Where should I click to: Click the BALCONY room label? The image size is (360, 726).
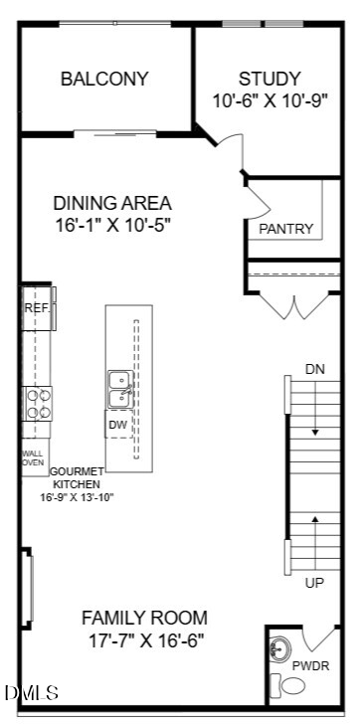point(104,79)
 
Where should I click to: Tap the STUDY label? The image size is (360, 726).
point(270,79)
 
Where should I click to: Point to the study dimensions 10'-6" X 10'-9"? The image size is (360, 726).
point(270,100)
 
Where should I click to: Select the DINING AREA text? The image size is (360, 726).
point(112,203)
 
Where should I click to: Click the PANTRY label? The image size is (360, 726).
point(286,229)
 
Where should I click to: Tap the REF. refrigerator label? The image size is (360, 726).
point(36,308)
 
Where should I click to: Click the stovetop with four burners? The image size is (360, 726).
point(38,404)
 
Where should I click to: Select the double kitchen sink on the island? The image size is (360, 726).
point(120,390)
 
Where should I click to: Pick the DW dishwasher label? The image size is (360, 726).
point(118,424)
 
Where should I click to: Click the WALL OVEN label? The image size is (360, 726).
point(34,457)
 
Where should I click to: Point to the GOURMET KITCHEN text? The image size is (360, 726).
point(77,478)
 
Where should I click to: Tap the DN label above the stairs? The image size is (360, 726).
point(314,370)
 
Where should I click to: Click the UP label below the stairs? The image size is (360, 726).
point(314,583)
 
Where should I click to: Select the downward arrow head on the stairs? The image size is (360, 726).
point(315,433)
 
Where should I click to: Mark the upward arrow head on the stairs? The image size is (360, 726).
point(315,519)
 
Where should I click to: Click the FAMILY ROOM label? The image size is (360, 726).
point(144,618)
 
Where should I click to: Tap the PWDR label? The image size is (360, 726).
point(310,666)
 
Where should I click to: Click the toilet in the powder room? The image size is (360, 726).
point(287,685)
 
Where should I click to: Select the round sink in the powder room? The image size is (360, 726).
point(280,648)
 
